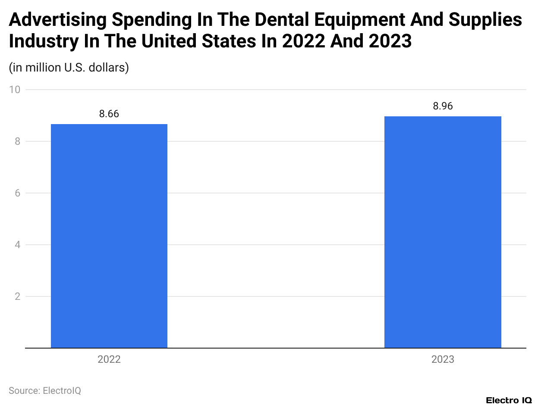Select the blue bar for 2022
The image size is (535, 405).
point(109,236)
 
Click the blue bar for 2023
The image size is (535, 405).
point(443,232)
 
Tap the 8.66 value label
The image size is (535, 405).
point(109,114)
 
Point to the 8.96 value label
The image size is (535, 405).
point(443,106)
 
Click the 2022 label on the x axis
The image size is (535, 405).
point(109,359)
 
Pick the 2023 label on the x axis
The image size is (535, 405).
point(443,359)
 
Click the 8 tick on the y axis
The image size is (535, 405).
point(17,141)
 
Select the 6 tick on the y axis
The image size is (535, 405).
point(17,193)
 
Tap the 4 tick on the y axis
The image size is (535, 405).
point(17,245)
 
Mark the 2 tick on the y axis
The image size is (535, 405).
point(17,296)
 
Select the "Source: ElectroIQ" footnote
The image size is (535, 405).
point(45,390)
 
